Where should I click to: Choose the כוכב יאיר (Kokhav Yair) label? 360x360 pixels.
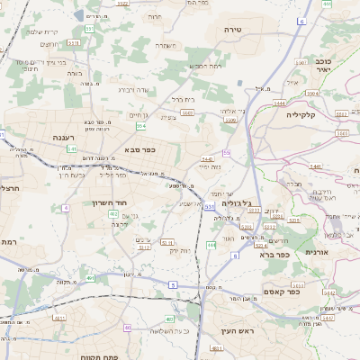[324, 65]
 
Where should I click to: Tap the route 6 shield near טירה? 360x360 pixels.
[301, 20]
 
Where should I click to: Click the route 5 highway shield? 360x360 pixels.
[171, 284]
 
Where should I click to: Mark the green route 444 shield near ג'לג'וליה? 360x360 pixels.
[211, 244]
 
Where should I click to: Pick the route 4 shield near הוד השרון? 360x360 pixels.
[66, 208]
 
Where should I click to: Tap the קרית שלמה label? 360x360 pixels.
[42, 32]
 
